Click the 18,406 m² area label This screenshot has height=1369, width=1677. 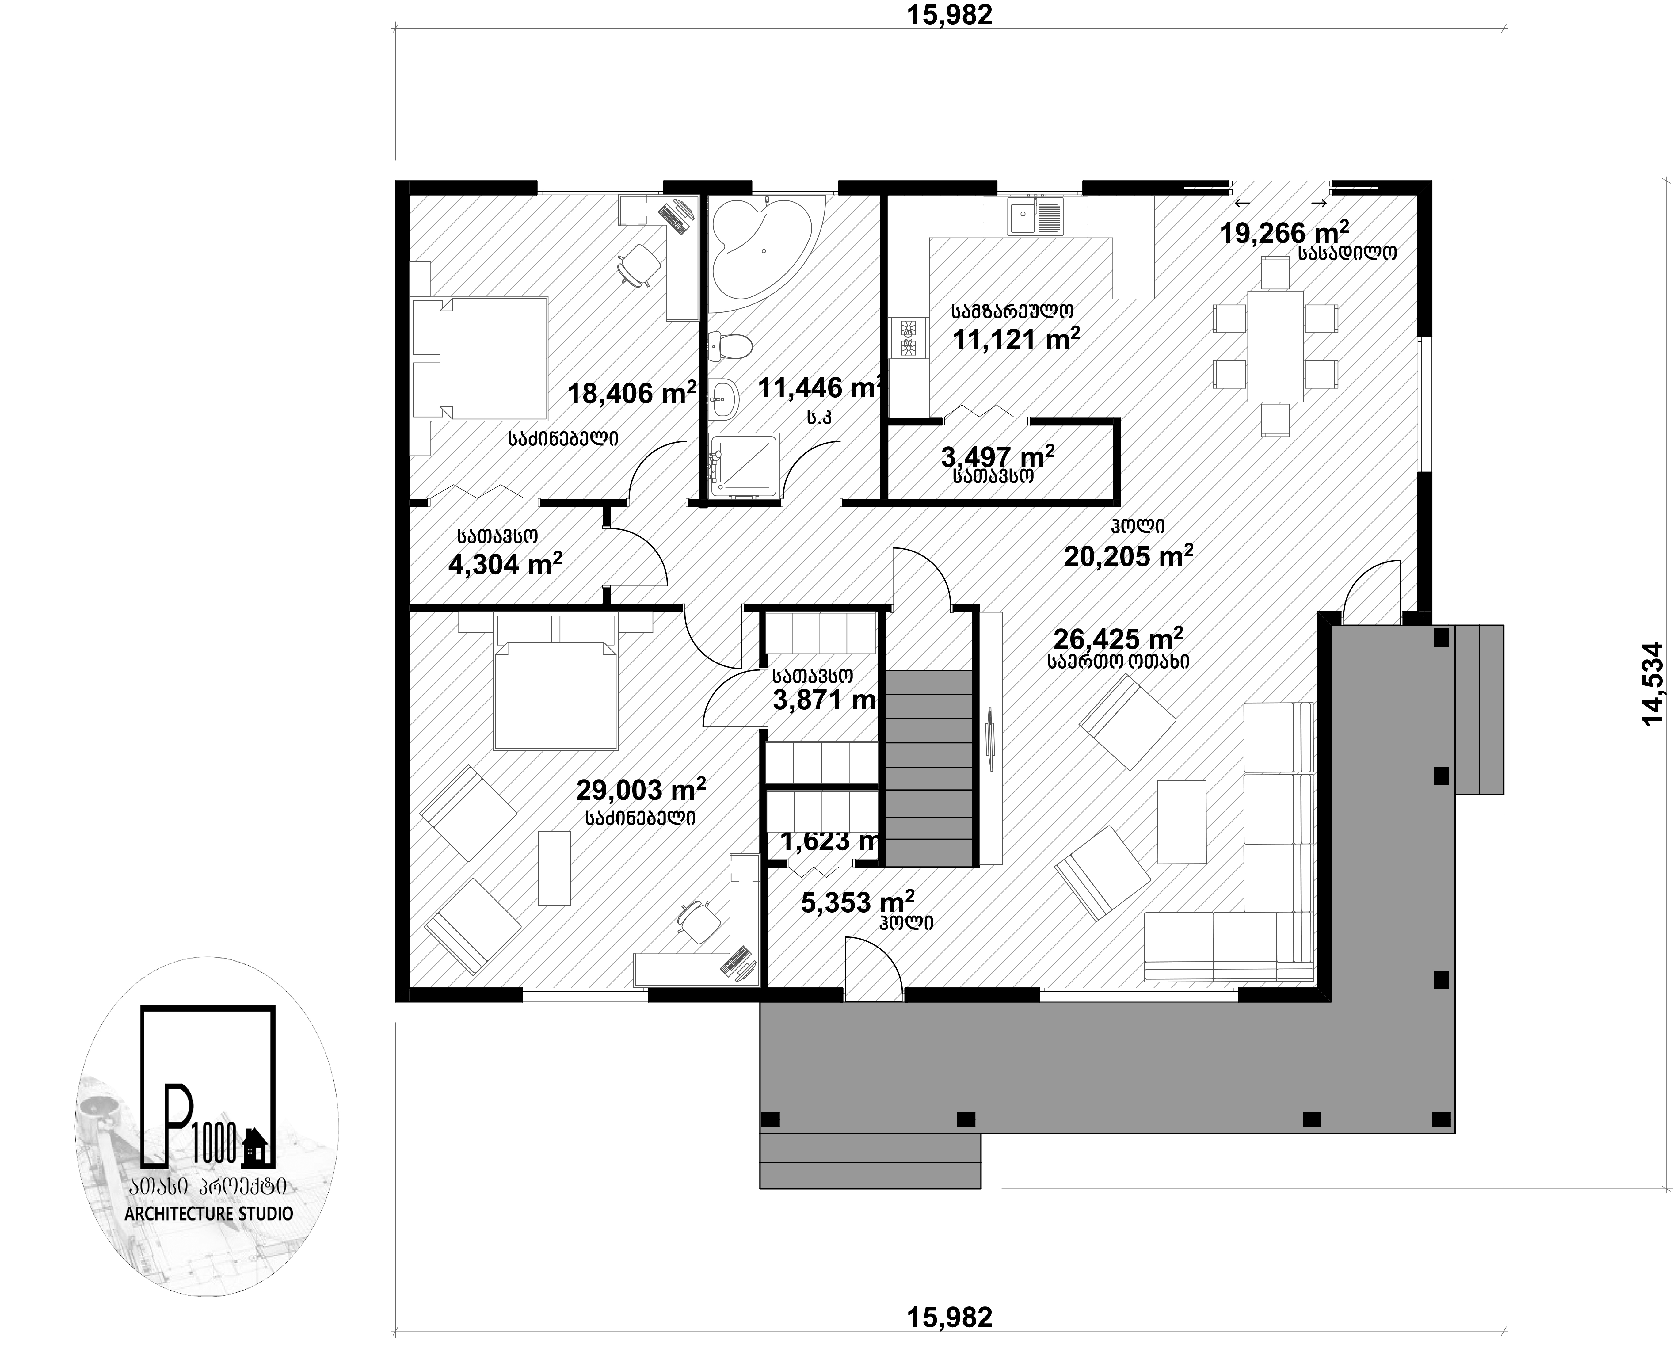pos(631,392)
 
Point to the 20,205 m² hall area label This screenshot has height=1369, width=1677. pos(1128,555)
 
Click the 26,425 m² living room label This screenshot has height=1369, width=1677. pos(1118,638)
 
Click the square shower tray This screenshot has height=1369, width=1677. pos(744,465)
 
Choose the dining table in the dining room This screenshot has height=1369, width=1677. pos(1275,346)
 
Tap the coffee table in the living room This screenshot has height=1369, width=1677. pos(1182,822)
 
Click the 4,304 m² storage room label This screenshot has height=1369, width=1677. pos(505,564)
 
